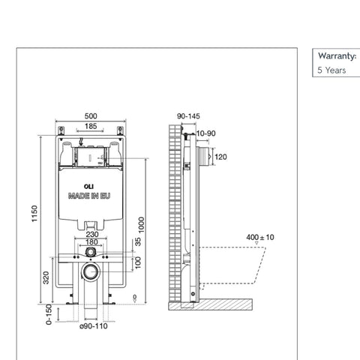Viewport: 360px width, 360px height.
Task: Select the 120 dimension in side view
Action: pyautogui.click(x=220, y=158)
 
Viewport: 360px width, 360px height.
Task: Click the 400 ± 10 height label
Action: pyautogui.click(x=260, y=237)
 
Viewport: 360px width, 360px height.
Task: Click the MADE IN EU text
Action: pyautogui.click(x=89, y=197)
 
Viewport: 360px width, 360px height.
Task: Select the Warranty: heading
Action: pyautogui.click(x=337, y=56)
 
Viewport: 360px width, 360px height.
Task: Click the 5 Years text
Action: pyautogui.click(x=331, y=70)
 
